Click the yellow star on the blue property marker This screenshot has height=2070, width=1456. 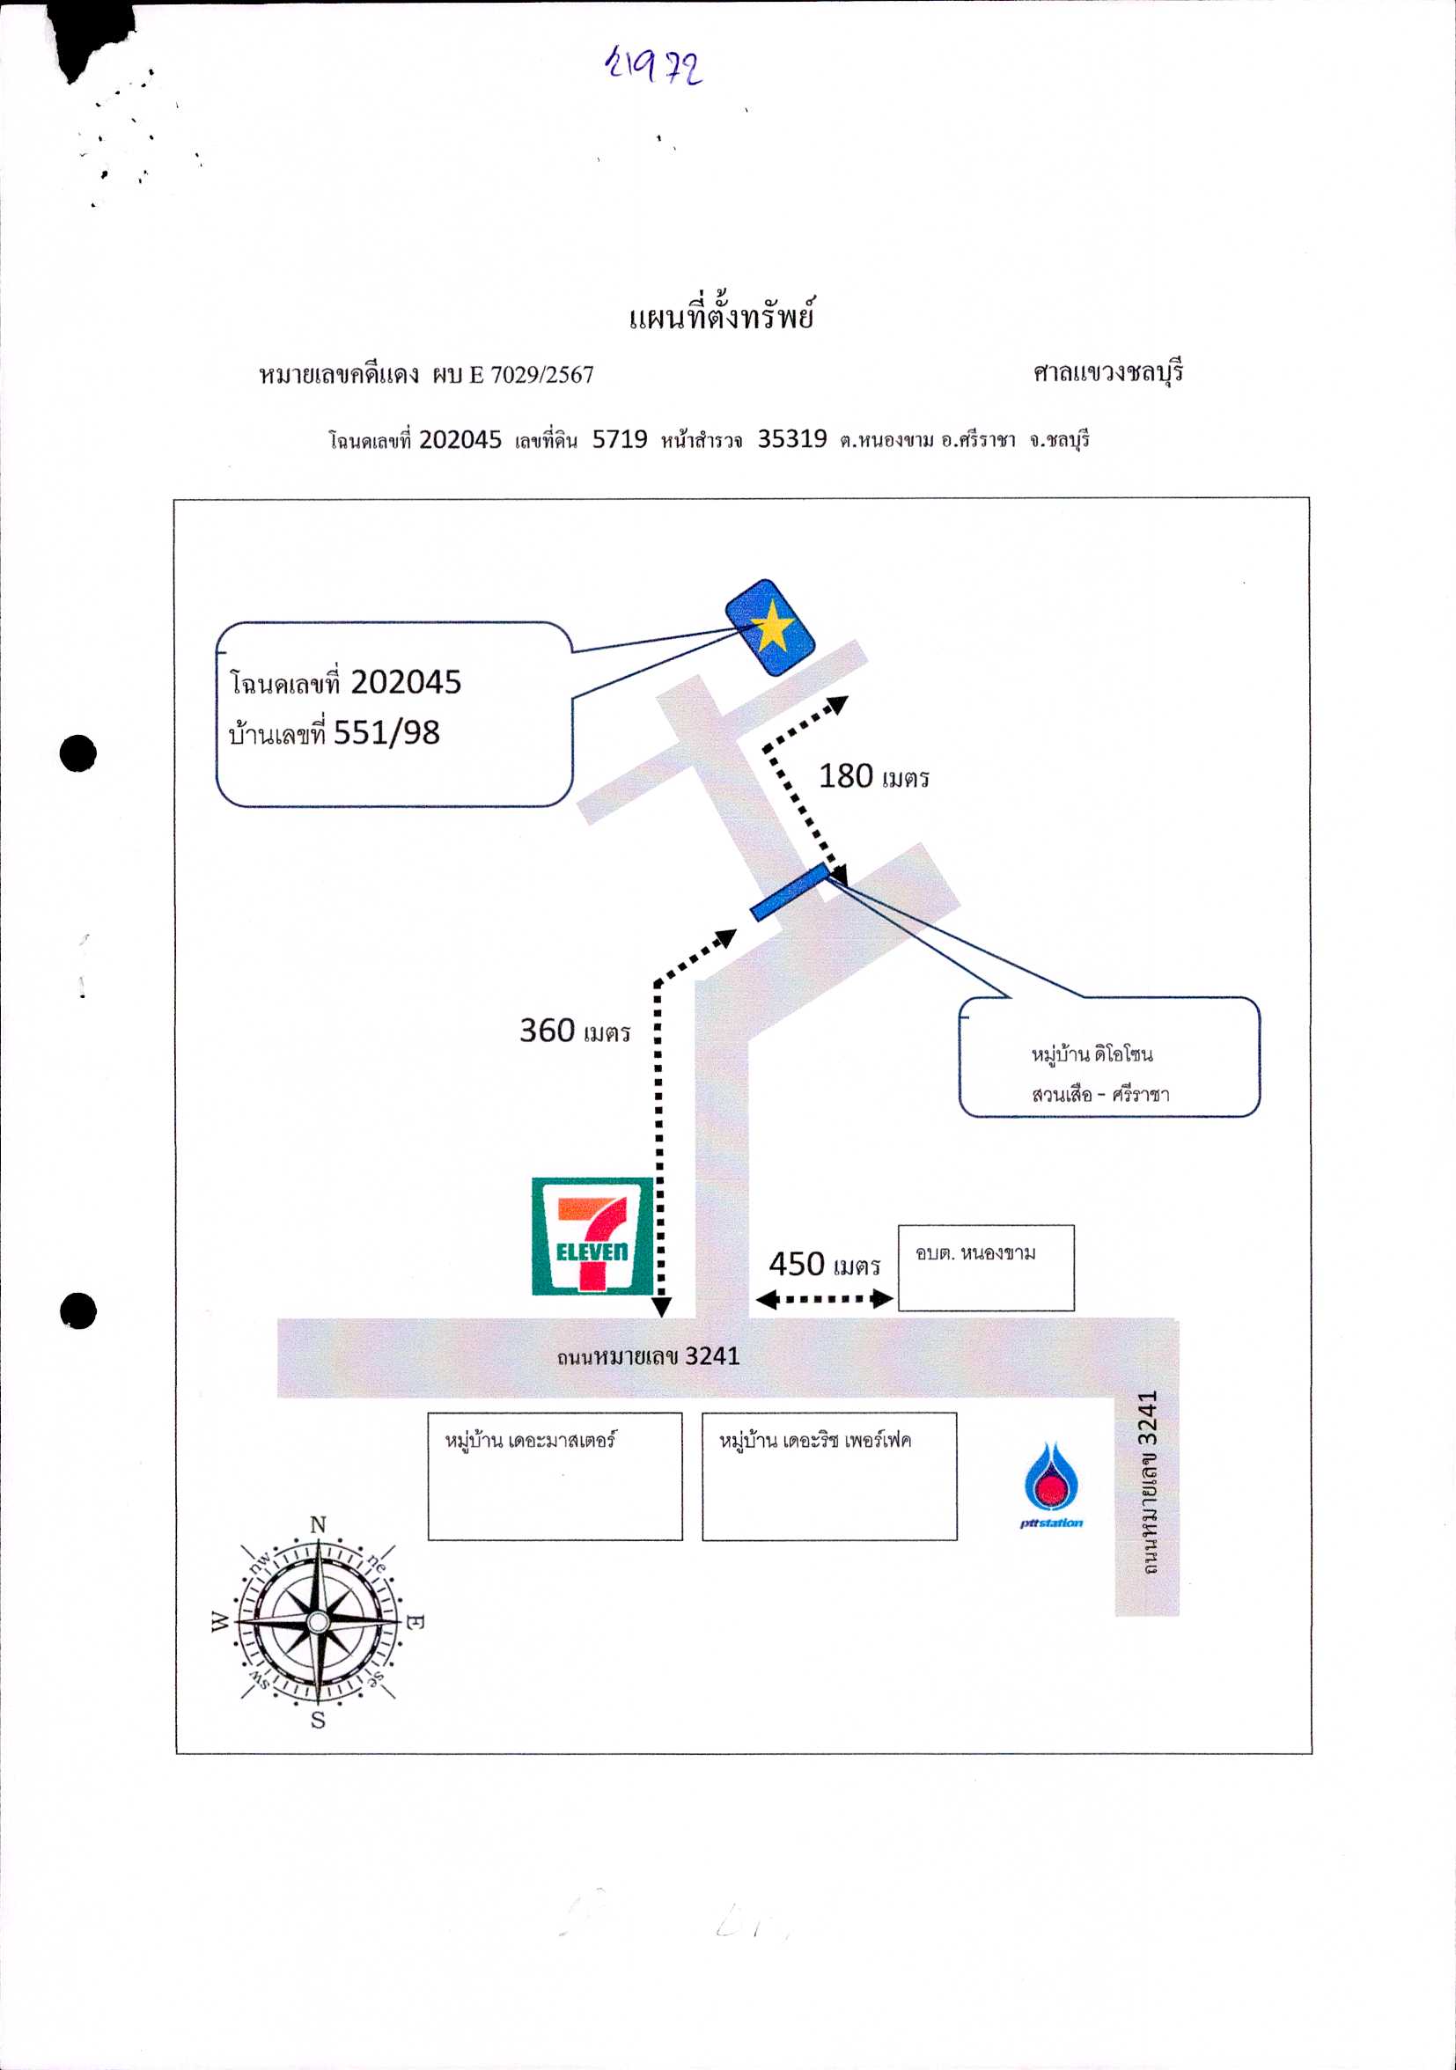tap(773, 626)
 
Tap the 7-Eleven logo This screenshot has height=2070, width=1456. tap(592, 1236)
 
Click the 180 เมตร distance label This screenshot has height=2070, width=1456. tap(873, 776)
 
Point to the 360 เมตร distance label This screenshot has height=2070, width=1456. tap(574, 1031)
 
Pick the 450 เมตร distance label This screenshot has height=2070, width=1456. tap(824, 1264)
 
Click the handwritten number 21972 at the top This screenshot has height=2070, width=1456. tap(654, 65)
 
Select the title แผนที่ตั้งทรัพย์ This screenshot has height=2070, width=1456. tap(721, 315)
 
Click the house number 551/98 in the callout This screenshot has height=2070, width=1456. tap(386, 733)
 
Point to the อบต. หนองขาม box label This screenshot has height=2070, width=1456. tap(975, 1253)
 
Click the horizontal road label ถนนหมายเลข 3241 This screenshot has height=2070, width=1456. tap(648, 1357)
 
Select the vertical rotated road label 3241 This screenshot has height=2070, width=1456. tap(1147, 1484)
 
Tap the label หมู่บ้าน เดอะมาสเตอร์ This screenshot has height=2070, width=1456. tap(530, 1440)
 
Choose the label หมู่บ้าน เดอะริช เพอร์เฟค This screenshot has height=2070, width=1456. tap(815, 1440)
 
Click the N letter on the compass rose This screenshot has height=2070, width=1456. tap(318, 1524)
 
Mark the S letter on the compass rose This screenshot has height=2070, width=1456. tap(318, 1721)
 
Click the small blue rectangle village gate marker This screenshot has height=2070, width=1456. tap(791, 892)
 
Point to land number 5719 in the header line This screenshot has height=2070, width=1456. tap(620, 439)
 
